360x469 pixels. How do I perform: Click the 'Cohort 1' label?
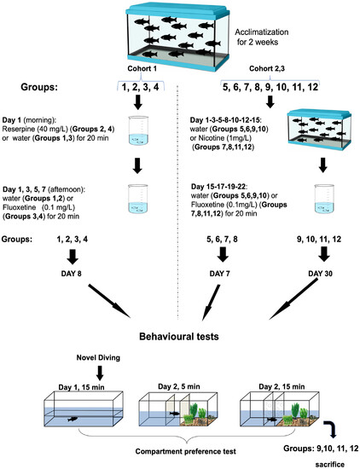point(142,68)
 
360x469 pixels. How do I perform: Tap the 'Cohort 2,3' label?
point(267,68)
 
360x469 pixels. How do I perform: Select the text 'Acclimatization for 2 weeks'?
point(261,37)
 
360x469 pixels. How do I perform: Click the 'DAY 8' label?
point(71,274)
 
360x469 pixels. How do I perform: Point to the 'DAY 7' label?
point(219,274)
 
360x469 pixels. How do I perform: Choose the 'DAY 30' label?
point(320,274)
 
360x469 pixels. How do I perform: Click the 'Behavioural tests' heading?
point(179,337)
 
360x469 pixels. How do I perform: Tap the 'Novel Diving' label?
point(98,357)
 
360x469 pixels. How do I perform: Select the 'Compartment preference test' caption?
point(185,451)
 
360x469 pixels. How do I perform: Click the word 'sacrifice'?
point(330,464)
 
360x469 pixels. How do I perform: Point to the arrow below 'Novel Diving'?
point(100,373)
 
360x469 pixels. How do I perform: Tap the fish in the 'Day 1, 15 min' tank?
point(73,419)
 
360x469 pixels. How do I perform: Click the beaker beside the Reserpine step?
point(138,130)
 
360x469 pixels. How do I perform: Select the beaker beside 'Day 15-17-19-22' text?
point(324,200)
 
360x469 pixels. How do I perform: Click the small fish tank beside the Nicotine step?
point(319,130)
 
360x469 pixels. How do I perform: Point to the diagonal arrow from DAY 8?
point(109,301)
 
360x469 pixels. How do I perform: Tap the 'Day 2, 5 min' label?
point(179,386)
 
